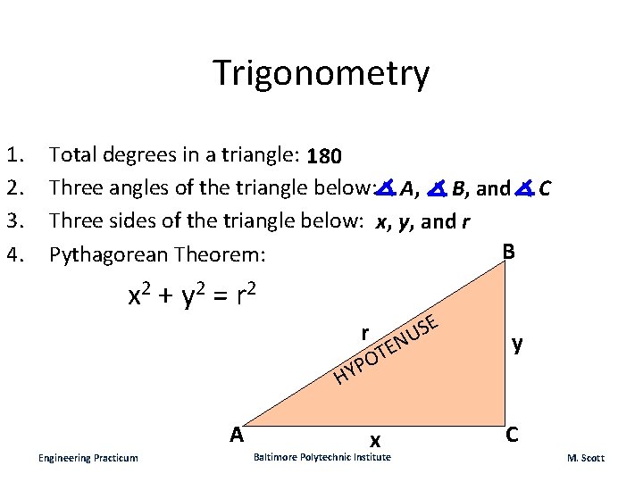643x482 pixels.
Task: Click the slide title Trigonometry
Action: tap(321, 73)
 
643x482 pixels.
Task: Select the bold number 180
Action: tap(322, 157)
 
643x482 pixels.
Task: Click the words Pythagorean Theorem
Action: tap(157, 255)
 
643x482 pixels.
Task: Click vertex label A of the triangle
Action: tap(236, 435)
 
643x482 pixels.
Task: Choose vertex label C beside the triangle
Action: tap(513, 435)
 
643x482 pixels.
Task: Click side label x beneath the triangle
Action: tap(376, 439)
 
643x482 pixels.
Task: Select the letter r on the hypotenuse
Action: tap(364, 332)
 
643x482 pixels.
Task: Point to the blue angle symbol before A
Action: tap(385, 188)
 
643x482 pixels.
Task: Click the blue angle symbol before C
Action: tap(525, 188)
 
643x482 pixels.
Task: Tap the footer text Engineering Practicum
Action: tap(88, 458)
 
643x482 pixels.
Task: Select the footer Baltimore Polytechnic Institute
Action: tap(321, 457)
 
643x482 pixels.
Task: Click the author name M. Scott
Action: tap(585, 458)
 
